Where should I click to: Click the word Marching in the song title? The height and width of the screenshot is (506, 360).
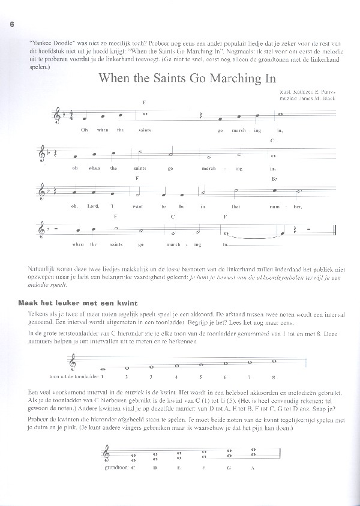(209, 79)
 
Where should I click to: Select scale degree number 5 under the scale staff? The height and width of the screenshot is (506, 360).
(200, 377)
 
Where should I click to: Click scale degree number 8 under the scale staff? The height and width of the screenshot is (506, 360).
(273, 377)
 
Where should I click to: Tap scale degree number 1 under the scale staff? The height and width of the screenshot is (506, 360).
(103, 377)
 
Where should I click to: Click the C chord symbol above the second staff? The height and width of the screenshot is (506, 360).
(272, 140)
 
